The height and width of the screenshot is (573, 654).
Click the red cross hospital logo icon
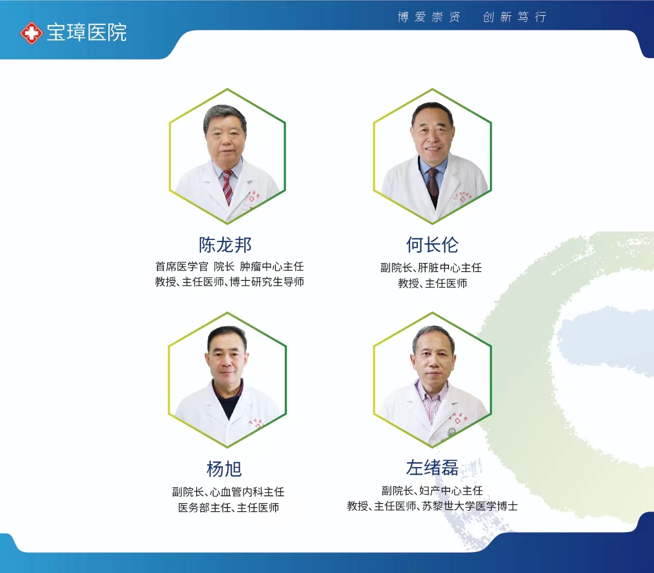(31, 33)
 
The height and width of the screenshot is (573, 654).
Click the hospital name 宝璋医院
(86, 32)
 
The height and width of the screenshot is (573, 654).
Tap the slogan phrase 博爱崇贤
(429, 17)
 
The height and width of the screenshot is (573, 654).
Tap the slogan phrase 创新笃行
(515, 17)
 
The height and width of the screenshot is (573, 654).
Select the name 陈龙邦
(225, 245)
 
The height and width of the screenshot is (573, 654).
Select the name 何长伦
(432, 245)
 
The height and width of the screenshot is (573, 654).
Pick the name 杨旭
(224, 469)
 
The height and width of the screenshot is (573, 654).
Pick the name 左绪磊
(432, 467)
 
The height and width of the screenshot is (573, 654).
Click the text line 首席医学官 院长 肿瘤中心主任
(229, 267)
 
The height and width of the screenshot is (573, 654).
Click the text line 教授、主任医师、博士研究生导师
(229, 282)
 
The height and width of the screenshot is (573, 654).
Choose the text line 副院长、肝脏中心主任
(431, 268)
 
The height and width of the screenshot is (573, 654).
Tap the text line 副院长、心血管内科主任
(228, 492)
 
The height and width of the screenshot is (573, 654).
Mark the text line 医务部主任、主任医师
(228, 508)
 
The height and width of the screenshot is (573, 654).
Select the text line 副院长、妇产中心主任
(432, 491)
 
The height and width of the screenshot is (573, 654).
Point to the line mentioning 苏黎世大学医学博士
(432, 506)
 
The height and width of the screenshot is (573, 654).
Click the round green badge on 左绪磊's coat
(452, 432)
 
